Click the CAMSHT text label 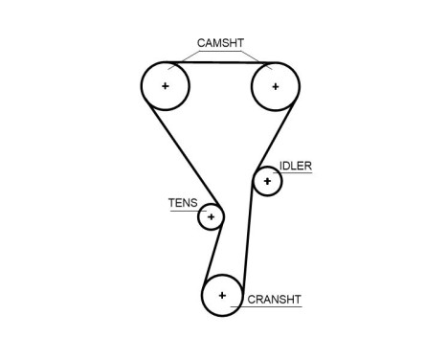coord(220,43)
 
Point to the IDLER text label coord(296,166)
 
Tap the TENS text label coord(182,202)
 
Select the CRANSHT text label coord(275,300)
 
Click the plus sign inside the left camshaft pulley coord(166,86)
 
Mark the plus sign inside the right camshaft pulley coord(275,86)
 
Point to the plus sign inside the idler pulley coord(267,180)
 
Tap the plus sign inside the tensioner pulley coord(211,216)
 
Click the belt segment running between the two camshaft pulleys coord(220,63)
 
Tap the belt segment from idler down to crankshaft coord(249,239)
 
